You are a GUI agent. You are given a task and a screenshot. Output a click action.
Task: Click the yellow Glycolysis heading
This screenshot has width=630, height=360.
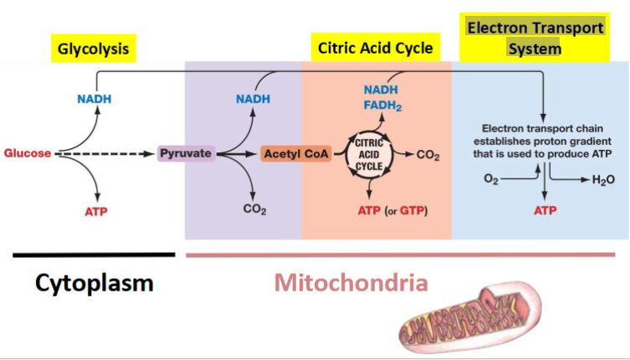[93, 49]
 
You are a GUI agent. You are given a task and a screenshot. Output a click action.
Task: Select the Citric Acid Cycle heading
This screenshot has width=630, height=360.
[376, 48]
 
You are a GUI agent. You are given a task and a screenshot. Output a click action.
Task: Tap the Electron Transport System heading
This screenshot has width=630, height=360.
[535, 38]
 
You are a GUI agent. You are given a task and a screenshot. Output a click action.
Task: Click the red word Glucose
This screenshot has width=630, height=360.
[27, 153]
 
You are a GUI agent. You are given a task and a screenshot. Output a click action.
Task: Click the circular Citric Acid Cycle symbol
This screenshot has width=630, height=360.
[369, 154]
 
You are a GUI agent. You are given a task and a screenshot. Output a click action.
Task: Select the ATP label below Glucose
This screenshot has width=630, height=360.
[95, 211]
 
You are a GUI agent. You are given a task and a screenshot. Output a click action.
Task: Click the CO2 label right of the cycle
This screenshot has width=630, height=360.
[428, 155]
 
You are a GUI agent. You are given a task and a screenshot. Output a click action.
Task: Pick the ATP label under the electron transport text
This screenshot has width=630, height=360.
[545, 210]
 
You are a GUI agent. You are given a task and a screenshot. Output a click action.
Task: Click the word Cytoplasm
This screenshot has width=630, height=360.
[95, 283]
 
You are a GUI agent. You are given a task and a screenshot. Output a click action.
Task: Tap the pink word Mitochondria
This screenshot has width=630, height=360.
[351, 282]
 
